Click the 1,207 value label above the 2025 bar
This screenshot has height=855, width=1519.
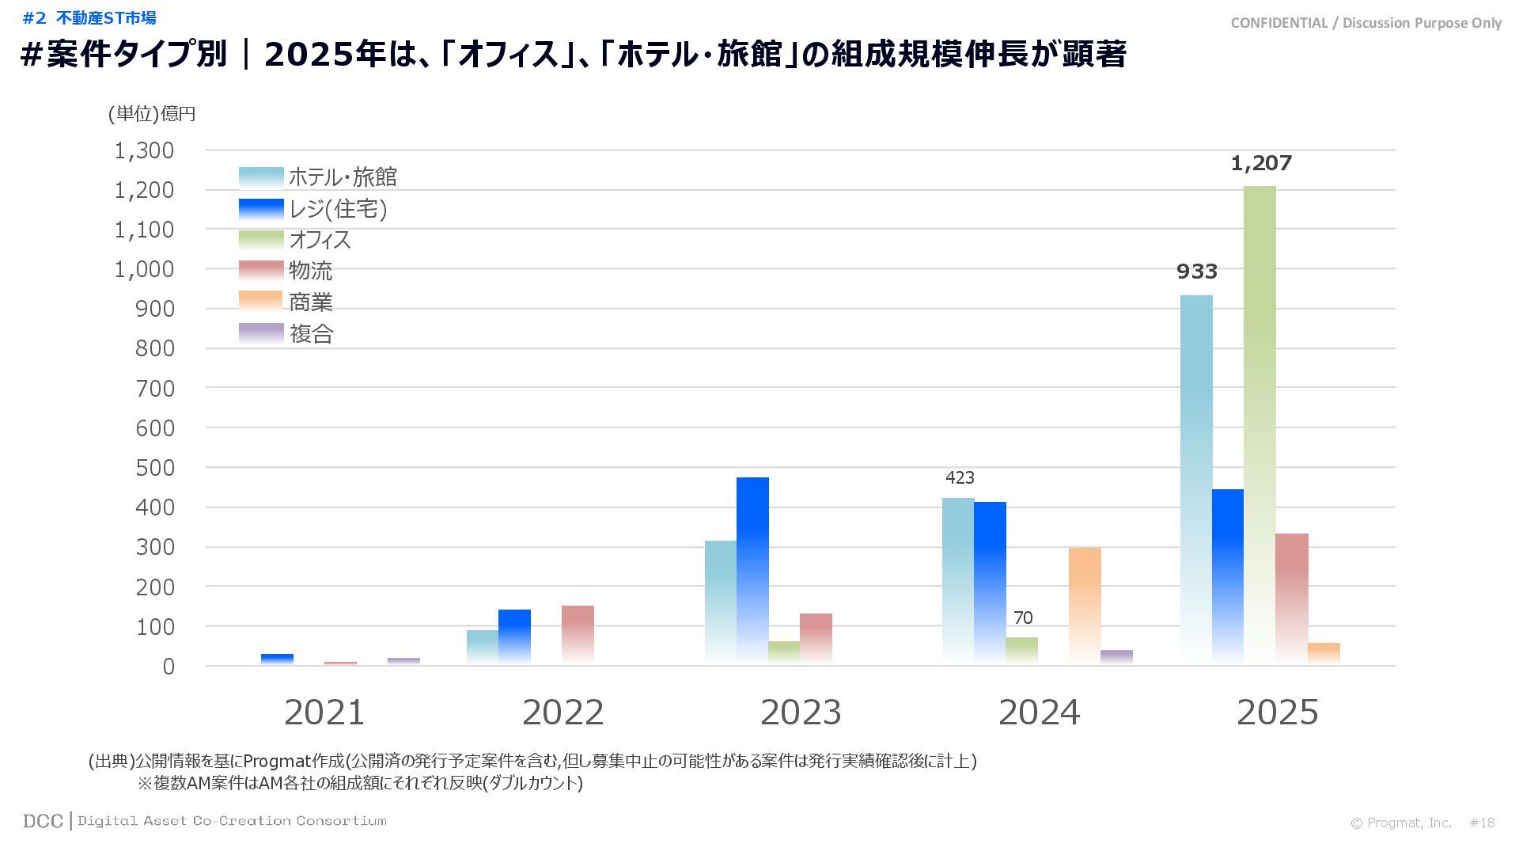tap(1261, 164)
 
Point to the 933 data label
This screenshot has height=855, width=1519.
tap(1196, 272)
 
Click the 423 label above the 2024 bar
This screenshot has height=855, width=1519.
tap(960, 477)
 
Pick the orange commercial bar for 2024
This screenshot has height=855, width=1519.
tap(1085, 606)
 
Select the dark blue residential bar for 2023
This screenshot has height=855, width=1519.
tap(752, 570)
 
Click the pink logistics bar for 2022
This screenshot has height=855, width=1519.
tap(578, 634)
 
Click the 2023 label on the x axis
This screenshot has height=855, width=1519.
tap(801, 712)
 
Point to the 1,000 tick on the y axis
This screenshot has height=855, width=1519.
tap(144, 269)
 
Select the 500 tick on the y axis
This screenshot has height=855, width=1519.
tap(154, 468)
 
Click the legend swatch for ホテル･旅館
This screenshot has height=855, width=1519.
tap(261, 177)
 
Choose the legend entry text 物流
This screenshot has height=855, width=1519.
tap(310, 271)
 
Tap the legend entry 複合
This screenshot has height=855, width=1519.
tap(311, 334)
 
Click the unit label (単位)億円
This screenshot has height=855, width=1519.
tap(152, 114)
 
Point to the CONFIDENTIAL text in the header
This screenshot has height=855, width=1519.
tap(1278, 23)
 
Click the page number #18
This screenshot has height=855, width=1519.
tap(1482, 823)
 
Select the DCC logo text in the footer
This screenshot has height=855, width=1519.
tap(43, 821)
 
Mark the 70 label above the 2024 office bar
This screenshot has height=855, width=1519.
tap(1023, 617)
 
